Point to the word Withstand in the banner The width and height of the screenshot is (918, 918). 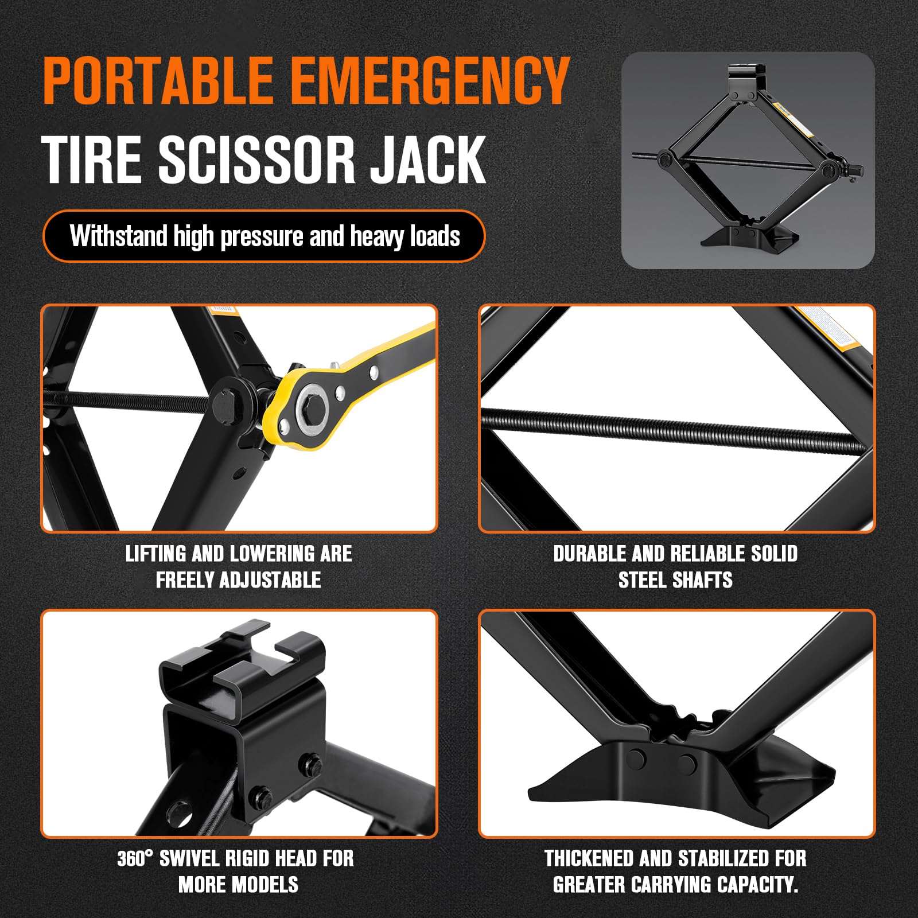click(118, 236)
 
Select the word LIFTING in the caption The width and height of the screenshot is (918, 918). click(156, 554)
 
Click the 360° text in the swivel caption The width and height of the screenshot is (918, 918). click(135, 859)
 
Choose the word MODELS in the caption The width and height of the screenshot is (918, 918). click(267, 885)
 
